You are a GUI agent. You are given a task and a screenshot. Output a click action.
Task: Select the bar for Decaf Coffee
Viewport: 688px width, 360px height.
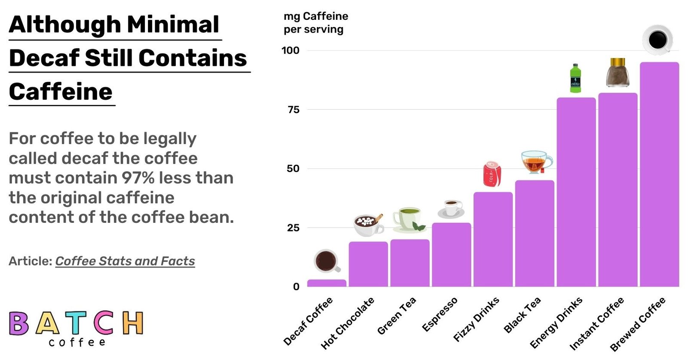(326, 283)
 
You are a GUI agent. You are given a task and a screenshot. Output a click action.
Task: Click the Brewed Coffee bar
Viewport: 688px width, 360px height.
(659, 174)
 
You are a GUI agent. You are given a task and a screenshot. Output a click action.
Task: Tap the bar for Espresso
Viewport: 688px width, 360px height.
(451, 254)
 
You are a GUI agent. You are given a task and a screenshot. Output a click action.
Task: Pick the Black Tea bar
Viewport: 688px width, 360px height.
(534, 233)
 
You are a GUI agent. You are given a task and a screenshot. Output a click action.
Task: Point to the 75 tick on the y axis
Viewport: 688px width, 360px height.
(294, 110)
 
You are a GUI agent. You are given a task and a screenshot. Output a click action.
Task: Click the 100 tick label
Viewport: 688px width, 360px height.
(290, 50)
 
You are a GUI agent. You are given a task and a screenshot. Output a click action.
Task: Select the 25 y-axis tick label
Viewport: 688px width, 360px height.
(293, 228)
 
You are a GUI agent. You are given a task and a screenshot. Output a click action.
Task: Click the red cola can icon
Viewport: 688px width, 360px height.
(492, 174)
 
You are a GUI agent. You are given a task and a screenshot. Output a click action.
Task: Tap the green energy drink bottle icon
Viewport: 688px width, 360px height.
(575, 78)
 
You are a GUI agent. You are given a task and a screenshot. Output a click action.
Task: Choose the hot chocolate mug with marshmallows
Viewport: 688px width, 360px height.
(368, 225)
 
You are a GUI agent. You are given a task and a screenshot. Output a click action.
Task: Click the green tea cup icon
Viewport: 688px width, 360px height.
(408, 219)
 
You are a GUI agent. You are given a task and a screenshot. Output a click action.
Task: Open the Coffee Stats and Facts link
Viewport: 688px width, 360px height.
(125, 261)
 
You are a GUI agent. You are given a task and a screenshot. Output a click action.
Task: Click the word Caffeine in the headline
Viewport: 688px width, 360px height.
(61, 92)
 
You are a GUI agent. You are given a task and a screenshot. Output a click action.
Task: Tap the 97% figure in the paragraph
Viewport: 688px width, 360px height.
(138, 178)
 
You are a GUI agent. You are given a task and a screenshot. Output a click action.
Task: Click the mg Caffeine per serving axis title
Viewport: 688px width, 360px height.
(315, 23)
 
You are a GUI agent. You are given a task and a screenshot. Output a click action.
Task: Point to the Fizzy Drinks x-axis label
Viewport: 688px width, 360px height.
(477, 319)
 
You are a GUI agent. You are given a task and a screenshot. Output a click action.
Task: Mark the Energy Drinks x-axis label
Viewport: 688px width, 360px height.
(556, 323)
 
